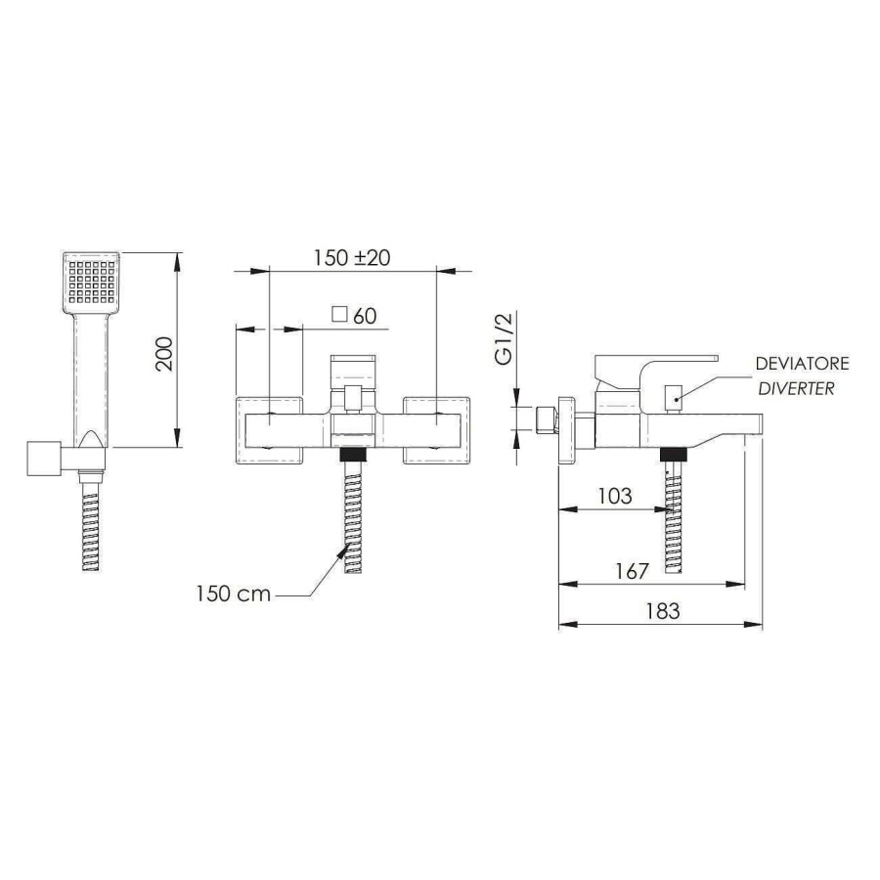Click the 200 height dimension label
pos(164,354)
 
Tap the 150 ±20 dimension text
pos(352,257)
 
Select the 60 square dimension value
pos(365,316)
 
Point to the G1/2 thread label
pos(505,339)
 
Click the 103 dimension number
pos(615,496)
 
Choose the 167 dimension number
pos(632,571)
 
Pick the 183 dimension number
pos(663,611)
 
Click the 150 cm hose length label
pos(234,594)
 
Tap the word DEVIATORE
pos(802,364)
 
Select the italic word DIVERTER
pos(796,388)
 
